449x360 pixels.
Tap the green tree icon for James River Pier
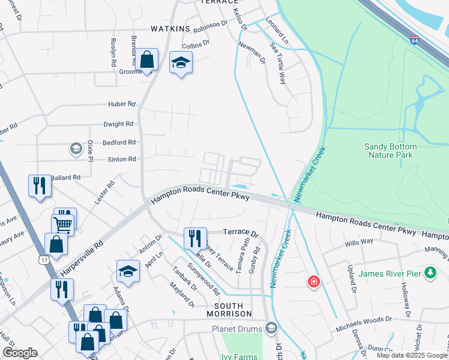tap(430, 274)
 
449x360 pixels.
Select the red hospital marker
tap(313, 281)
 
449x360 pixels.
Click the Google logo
tap(19, 353)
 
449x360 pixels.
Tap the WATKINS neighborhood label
tap(170, 29)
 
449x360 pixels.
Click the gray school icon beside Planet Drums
tap(271, 328)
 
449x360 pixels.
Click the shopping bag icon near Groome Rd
tap(146, 59)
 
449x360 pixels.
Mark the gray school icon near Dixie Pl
tap(76, 148)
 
